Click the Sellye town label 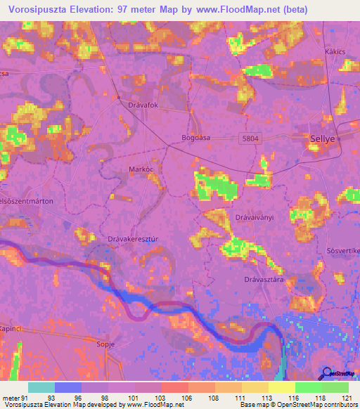pos(323,139)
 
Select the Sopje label pos(105,344)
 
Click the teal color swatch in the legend pos(41,387)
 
